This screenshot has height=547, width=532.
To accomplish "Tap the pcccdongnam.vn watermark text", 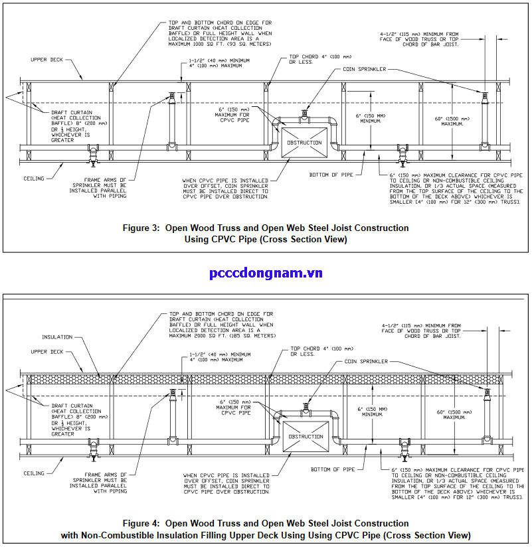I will (x=266, y=273).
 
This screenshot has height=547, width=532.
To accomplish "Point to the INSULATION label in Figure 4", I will (x=56, y=337).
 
